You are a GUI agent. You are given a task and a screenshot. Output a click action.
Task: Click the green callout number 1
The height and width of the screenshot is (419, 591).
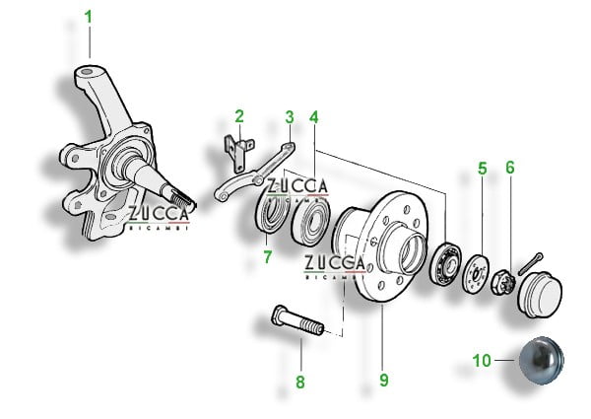tap(89, 17)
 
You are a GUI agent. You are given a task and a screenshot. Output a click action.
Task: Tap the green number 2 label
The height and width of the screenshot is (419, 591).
tap(239, 116)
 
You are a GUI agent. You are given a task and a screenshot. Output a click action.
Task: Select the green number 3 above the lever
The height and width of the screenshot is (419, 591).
tap(290, 117)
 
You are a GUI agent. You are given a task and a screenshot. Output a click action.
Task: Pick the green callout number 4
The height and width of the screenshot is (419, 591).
tap(314, 117)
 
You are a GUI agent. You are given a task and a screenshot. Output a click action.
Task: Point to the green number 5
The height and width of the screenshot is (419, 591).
tap(483, 169)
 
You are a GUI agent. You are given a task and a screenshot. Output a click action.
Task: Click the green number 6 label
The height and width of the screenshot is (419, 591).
tap(510, 168)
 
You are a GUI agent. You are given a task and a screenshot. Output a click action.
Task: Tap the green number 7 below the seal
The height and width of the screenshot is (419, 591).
tap(268, 257)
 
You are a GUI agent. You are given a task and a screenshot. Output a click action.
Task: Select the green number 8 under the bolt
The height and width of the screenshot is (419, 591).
tap(300, 383)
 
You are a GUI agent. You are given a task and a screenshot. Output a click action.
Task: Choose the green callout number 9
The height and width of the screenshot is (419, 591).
tap(384, 380)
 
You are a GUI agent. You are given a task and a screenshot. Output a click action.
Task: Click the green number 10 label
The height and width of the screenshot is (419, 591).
tap(482, 361)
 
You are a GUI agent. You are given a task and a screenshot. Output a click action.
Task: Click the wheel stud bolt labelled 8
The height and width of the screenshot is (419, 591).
tap(297, 320)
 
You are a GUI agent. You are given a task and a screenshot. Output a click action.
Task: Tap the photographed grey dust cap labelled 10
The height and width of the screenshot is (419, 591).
tap(541, 361)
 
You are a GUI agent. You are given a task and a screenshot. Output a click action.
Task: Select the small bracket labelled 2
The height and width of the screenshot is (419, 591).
tap(239, 153)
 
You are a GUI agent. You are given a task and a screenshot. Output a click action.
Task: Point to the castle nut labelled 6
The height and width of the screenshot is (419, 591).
tap(502, 282)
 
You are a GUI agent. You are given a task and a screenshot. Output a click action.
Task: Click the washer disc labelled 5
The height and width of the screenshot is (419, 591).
tap(476, 274)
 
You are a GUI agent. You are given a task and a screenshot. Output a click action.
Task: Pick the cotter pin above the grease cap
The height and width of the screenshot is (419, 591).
tap(530, 264)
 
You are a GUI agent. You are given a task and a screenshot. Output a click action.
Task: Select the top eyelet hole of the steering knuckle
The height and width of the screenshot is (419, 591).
tap(87, 72)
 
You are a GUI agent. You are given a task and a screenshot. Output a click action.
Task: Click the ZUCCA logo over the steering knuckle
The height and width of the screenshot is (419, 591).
tap(159, 218)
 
